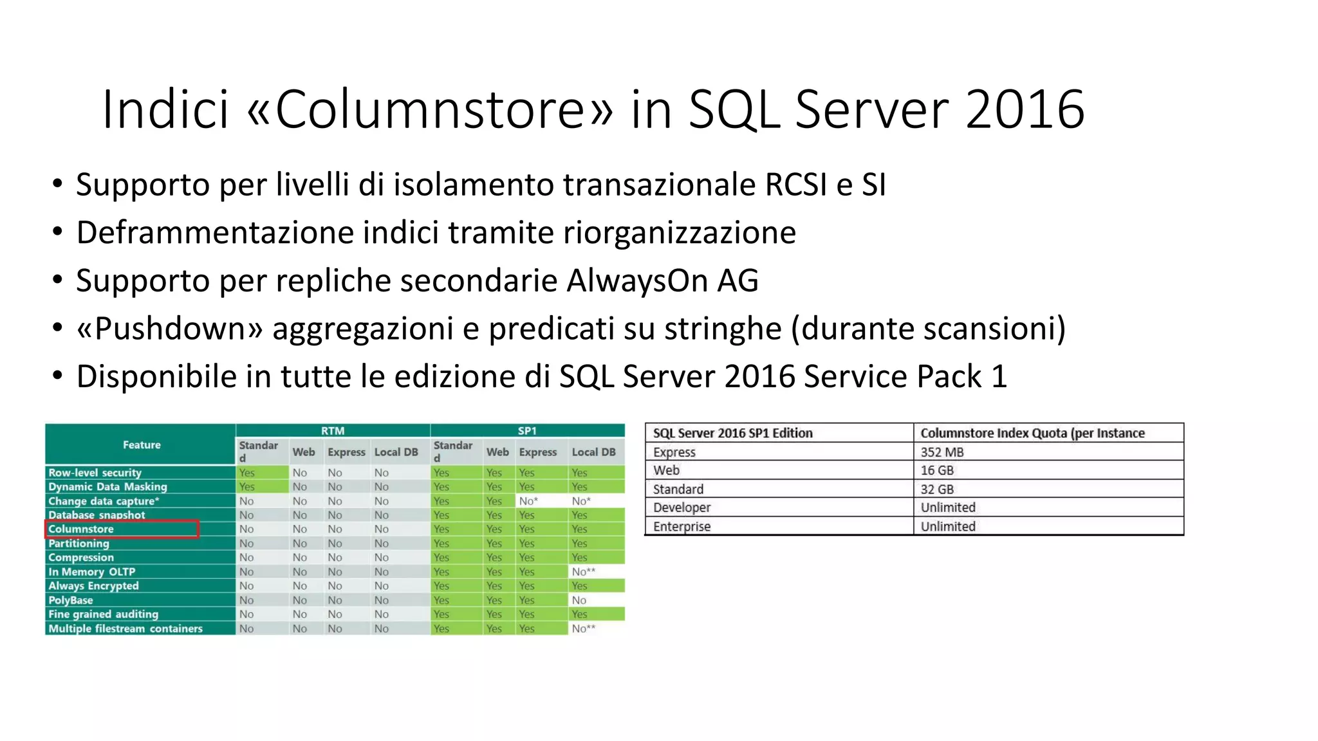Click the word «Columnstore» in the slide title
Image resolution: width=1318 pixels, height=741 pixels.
click(x=430, y=109)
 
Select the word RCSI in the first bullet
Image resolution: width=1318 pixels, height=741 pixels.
click(x=795, y=185)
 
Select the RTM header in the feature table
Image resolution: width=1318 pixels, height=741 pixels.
click(x=333, y=430)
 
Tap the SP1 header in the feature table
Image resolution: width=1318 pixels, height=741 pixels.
click(x=527, y=430)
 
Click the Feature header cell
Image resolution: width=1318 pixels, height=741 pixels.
click(x=142, y=444)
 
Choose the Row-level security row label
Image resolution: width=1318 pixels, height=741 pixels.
click(x=95, y=472)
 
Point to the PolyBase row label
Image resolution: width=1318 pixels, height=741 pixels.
click(x=71, y=600)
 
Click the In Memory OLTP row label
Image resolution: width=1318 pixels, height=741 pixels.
click(x=92, y=572)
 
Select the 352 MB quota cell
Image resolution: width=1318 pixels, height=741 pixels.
click(x=942, y=452)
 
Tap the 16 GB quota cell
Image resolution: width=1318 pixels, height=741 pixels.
click(x=937, y=470)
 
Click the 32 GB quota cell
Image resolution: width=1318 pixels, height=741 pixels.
click(x=937, y=489)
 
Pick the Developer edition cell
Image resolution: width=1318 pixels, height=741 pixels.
click(x=682, y=508)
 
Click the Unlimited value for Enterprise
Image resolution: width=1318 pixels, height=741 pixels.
click(x=948, y=526)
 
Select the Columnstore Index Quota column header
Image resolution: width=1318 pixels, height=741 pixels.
click(x=1032, y=433)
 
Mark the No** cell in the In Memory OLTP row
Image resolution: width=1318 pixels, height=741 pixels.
click(x=584, y=572)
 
